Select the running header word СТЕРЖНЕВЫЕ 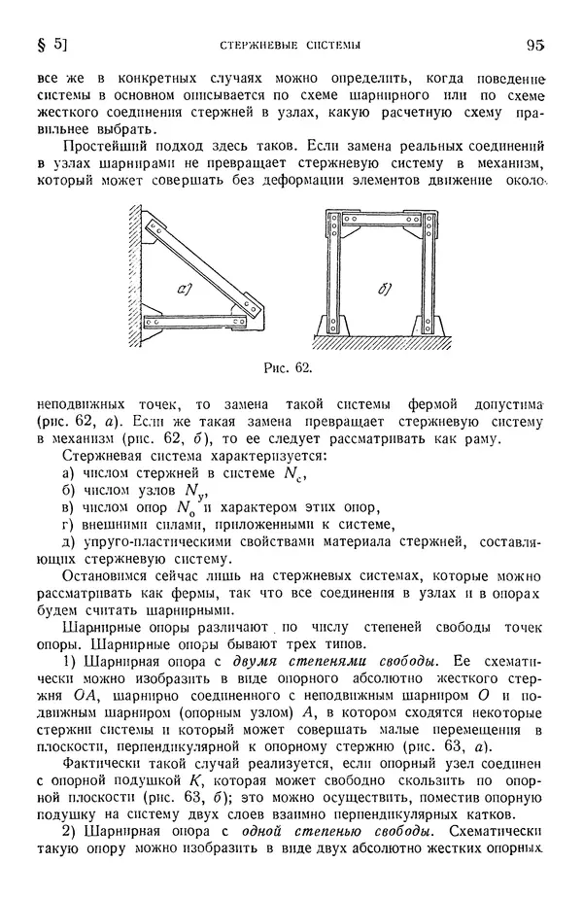(x=250, y=45)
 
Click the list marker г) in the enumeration (x=68, y=526)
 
